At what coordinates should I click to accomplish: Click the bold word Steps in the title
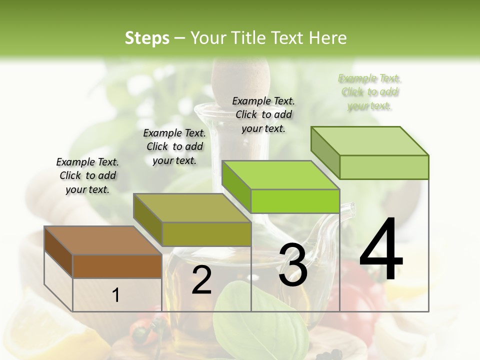147,38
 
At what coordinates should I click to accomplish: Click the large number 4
381,250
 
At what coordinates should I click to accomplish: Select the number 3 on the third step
293,265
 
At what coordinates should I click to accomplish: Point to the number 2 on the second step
201,280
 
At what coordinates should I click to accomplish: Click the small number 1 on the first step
116,295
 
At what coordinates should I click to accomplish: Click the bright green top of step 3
280,175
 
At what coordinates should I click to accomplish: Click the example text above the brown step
87,175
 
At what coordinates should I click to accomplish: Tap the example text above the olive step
174,146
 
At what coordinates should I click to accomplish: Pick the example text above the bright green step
263,114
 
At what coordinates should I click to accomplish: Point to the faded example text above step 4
369,92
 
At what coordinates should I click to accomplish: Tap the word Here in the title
328,38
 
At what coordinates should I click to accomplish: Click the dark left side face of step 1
58,251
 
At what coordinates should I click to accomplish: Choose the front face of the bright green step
295,201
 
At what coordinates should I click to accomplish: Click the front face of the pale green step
384,167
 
